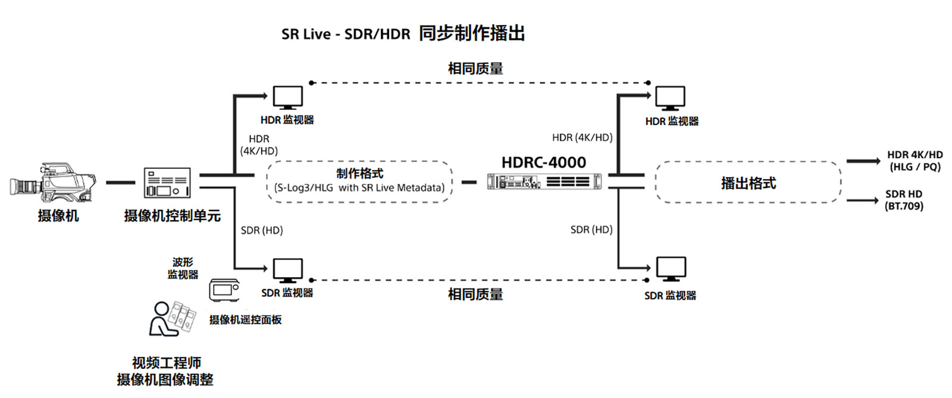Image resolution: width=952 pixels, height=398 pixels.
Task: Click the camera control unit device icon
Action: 167,183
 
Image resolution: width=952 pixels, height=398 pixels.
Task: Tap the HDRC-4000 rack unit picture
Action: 544,181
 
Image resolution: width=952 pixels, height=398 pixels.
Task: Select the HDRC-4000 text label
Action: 543,162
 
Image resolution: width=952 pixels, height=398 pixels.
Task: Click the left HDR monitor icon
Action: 287,98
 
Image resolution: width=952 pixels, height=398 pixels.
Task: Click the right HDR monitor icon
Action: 670,98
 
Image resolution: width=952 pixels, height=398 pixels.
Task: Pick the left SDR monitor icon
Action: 287,270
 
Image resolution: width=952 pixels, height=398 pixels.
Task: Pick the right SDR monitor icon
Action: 671,269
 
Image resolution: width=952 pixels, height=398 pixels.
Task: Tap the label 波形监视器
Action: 183,268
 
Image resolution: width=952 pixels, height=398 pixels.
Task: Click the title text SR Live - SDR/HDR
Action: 346,34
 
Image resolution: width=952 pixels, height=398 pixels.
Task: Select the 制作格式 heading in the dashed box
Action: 359,174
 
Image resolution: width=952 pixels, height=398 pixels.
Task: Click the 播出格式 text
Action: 748,183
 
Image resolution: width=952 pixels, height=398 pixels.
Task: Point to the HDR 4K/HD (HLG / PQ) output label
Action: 915,161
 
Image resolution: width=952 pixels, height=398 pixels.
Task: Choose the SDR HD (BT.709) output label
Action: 903,200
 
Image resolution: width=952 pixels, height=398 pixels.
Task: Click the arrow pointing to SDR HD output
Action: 862,200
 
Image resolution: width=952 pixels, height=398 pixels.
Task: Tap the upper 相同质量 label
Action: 475,68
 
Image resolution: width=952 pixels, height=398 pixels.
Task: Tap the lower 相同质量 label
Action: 475,294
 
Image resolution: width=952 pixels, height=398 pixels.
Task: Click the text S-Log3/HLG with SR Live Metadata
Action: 359,188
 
